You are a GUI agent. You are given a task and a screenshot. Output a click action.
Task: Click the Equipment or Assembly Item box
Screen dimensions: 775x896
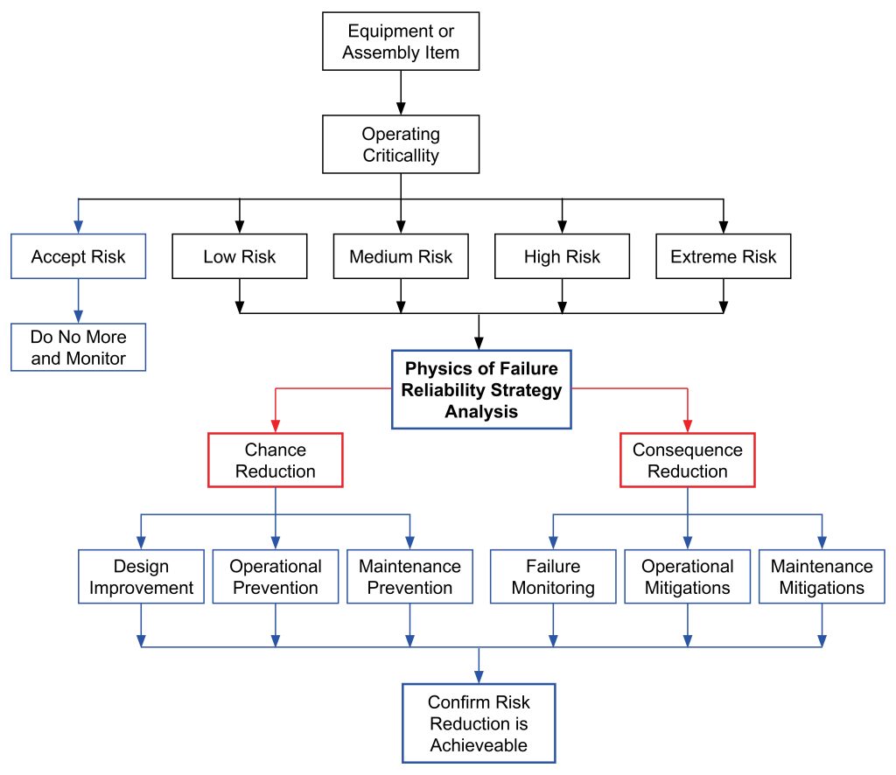(401, 42)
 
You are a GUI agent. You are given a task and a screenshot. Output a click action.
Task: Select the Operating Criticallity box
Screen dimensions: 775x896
(401, 145)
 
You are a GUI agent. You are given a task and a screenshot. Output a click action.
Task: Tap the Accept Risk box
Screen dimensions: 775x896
(78, 256)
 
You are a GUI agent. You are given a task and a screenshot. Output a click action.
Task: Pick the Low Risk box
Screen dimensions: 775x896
(239, 256)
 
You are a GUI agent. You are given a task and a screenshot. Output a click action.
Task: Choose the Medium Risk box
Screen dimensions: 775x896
(401, 256)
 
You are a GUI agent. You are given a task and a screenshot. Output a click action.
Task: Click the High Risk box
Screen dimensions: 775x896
(562, 256)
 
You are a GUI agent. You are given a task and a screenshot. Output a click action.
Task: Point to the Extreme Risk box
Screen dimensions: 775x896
(723, 256)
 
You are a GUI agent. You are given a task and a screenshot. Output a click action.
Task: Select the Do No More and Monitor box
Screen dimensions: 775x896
(78, 347)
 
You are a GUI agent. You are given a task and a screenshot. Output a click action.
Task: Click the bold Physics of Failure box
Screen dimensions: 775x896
(480, 390)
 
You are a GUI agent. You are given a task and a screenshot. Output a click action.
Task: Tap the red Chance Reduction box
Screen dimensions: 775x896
(276, 460)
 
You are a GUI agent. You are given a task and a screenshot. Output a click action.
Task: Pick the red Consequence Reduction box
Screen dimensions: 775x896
(687, 460)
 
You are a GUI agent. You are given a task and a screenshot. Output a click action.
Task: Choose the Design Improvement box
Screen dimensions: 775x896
(141, 576)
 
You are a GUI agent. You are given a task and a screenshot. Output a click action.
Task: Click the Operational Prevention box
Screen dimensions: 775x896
(276, 576)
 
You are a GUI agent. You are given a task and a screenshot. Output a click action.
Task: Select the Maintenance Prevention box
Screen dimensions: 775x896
(409, 576)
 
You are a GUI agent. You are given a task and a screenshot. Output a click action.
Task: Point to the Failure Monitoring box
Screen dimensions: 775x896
(552, 576)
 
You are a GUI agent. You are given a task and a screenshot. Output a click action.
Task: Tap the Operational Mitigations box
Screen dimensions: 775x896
(687, 576)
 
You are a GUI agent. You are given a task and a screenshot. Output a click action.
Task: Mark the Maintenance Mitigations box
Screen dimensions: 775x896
(822, 576)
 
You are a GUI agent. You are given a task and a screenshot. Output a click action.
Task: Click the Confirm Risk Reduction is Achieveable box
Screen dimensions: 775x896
(479, 723)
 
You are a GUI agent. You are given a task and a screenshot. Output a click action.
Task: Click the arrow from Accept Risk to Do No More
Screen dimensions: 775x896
(78, 301)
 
